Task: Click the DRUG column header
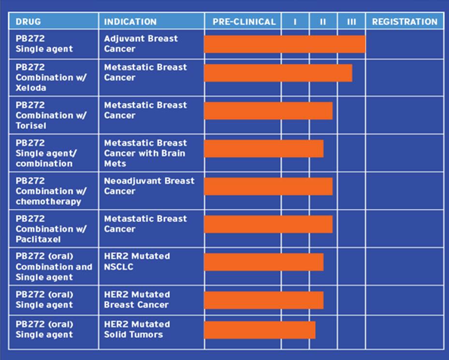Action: click(29, 22)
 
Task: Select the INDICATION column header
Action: click(130, 22)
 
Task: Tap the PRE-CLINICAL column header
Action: click(244, 22)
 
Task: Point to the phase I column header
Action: click(295, 22)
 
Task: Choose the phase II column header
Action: click(323, 22)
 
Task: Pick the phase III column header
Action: click(351, 22)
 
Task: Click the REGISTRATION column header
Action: click(405, 22)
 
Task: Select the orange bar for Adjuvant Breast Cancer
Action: click(285, 44)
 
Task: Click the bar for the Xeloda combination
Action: click(278, 73)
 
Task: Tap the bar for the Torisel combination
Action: click(268, 111)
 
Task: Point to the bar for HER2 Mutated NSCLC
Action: click(264, 262)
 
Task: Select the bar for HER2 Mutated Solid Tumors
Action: click(260, 330)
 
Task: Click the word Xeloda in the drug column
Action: click(31, 88)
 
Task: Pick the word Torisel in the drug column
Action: click(31, 126)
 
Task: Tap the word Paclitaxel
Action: click(38, 239)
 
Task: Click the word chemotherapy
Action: click(48, 202)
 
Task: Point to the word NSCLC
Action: click(119, 267)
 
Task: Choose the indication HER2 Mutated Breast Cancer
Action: click(137, 300)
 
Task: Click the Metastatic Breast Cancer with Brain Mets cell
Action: click(145, 153)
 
